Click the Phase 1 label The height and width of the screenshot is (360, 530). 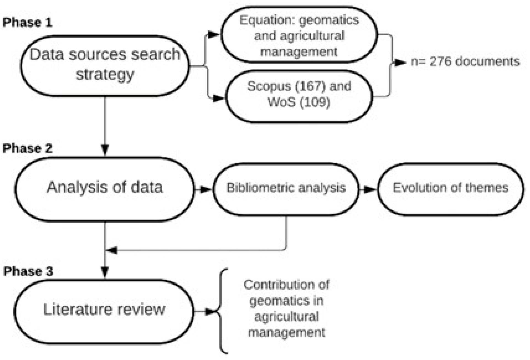[27, 22]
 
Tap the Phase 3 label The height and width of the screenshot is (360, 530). [28, 271]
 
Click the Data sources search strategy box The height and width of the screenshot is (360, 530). [105, 66]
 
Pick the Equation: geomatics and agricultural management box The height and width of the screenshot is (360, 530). [299, 35]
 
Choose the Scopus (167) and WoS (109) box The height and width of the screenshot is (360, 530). [299, 95]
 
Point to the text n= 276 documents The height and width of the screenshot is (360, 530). [465, 61]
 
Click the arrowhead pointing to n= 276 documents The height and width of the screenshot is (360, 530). [400, 63]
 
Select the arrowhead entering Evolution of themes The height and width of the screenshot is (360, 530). [370, 189]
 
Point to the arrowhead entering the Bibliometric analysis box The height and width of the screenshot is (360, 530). [206, 189]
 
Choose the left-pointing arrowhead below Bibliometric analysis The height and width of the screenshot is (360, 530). [112, 250]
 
